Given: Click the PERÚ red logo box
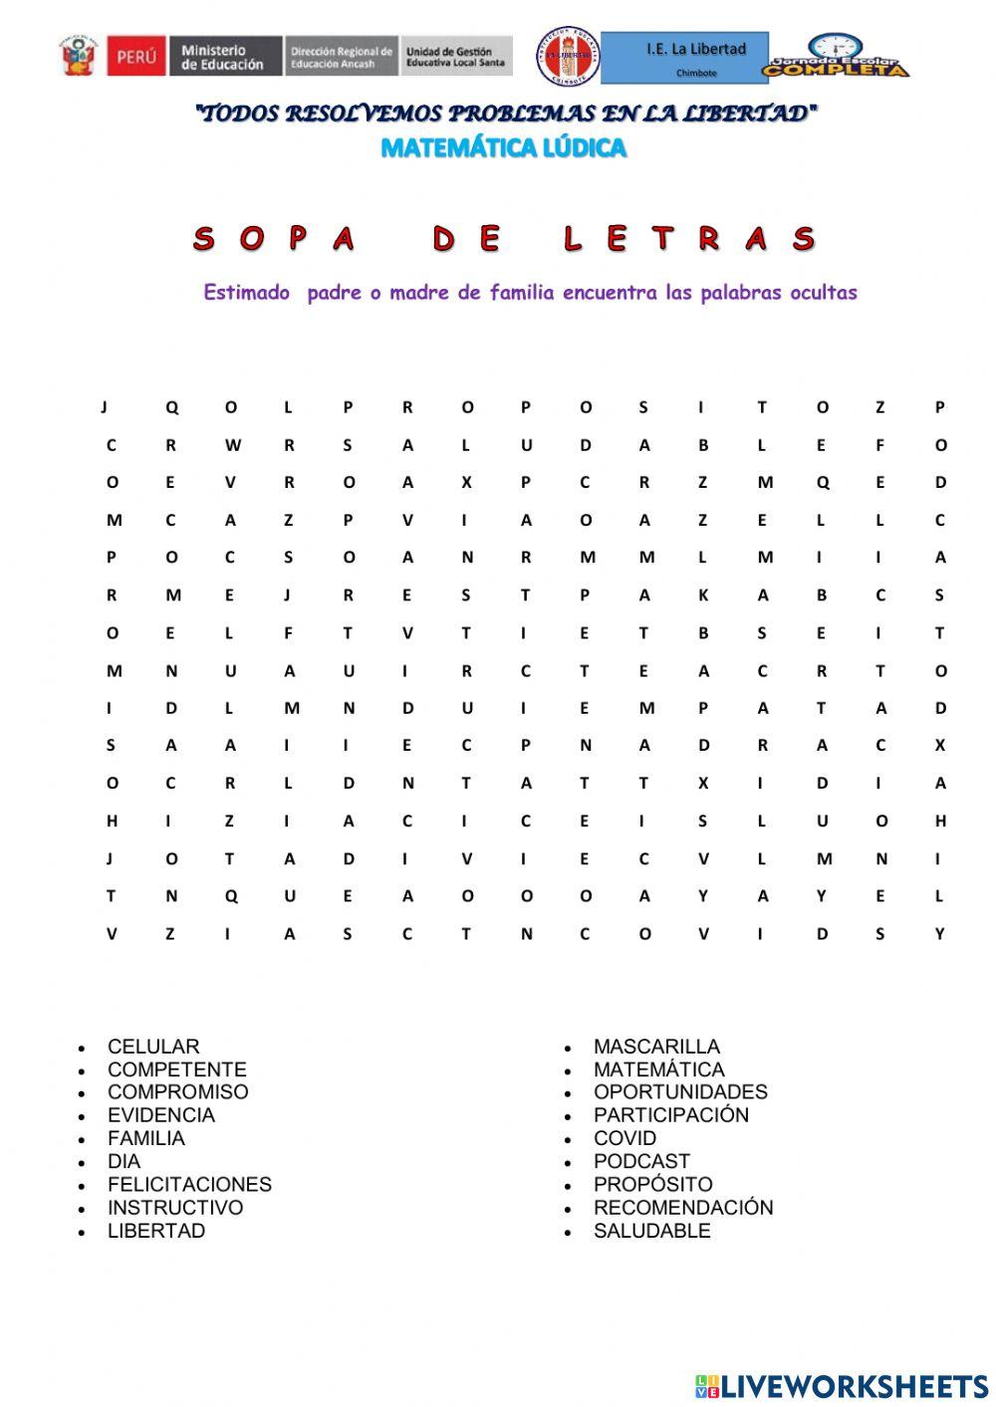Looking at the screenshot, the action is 137,57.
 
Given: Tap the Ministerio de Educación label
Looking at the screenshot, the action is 223,57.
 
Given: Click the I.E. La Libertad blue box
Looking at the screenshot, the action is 685,57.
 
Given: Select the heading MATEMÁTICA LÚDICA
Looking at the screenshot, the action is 504,148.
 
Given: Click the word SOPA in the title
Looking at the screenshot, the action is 275,239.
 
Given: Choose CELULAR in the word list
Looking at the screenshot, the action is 153,1047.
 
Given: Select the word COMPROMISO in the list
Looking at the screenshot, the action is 178,1092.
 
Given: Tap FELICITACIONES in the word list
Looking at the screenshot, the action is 189,1185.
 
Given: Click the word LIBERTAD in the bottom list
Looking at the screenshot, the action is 156,1231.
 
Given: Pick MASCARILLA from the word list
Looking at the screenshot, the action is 656,1047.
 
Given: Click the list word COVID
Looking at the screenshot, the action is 624,1138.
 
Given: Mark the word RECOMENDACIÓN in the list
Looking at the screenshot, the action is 683,1208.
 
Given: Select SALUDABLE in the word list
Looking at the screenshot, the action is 651,1231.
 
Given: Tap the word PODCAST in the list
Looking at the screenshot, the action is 641,1161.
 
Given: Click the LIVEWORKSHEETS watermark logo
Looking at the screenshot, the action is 842,1386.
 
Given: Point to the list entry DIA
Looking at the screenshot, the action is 124,1161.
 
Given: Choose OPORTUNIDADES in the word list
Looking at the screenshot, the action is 680,1092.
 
